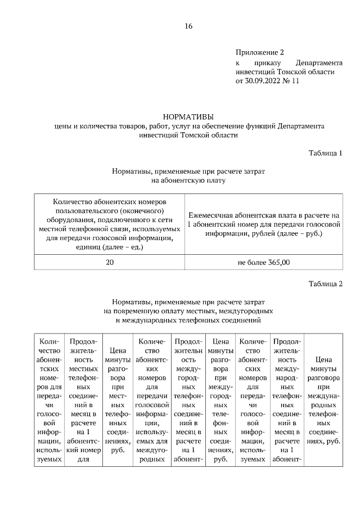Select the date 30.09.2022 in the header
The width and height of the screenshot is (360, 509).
click(x=264, y=80)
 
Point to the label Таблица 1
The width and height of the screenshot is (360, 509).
click(x=326, y=153)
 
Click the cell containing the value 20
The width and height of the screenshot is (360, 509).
click(x=110, y=262)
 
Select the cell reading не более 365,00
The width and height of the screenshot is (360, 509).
click(x=264, y=262)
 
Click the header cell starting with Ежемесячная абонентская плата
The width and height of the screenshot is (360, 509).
click(x=264, y=224)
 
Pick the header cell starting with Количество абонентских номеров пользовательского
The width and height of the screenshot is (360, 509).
click(x=110, y=224)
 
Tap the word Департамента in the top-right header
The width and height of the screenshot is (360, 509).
click(x=318, y=62)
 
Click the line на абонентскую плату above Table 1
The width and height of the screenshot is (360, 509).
click(x=188, y=181)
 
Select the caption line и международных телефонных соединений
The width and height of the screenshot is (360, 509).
click(x=188, y=320)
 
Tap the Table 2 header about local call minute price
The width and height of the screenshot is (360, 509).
click(x=118, y=400)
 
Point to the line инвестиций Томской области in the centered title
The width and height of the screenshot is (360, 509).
click(x=188, y=135)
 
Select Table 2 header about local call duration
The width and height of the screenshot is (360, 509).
click(x=83, y=400)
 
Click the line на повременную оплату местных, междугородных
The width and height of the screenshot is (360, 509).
click(x=188, y=310)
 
